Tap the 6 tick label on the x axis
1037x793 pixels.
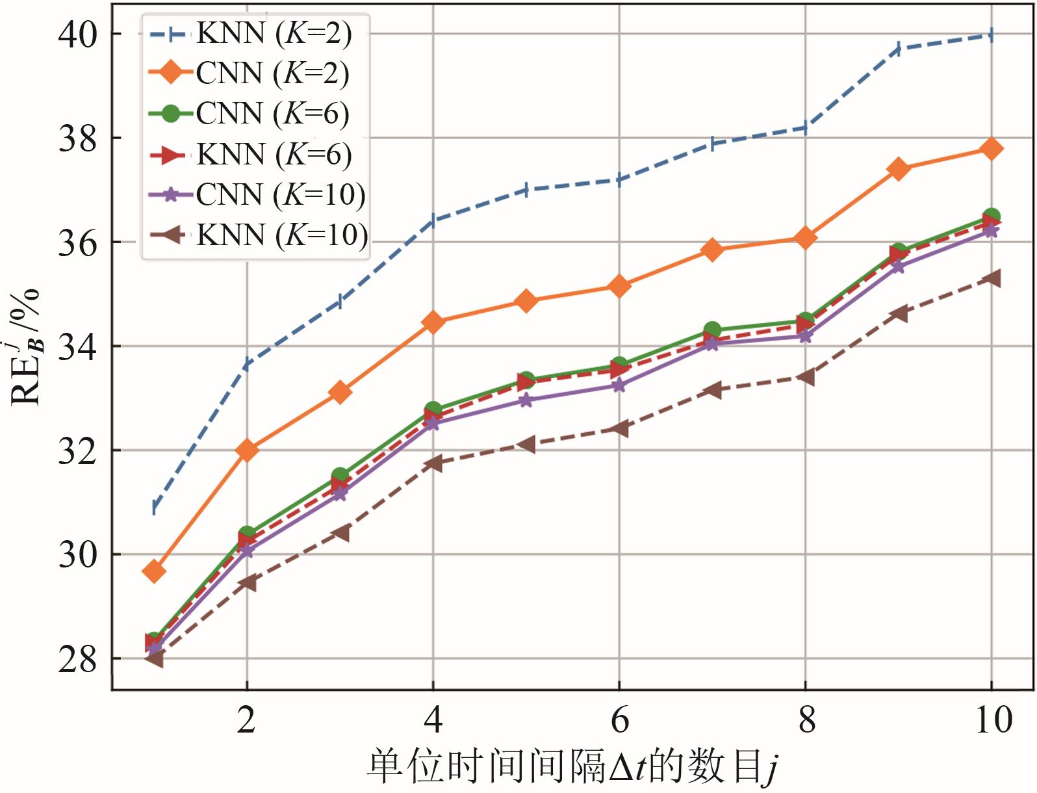click(x=619, y=720)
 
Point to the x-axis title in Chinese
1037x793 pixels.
click(x=572, y=767)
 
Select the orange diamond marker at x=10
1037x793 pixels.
click(x=992, y=148)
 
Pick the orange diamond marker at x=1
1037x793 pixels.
click(x=154, y=571)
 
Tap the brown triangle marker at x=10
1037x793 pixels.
click(x=992, y=278)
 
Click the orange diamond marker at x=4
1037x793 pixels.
click(x=433, y=322)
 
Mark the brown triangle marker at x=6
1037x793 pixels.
click(x=619, y=428)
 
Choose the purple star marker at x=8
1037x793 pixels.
click(x=806, y=336)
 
